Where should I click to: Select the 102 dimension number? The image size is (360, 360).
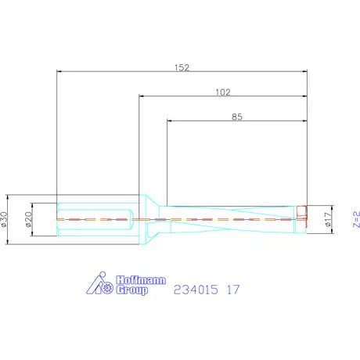coord(222,92)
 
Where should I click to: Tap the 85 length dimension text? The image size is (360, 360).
coord(237,117)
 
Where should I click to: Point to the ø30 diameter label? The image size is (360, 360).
coord(6,218)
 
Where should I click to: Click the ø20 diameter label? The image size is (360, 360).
coord(29,218)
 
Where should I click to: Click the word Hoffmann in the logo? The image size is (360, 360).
coord(140,279)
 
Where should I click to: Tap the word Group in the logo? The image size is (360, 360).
coord(132,290)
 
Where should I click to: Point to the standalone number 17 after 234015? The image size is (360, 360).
coord(232,290)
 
